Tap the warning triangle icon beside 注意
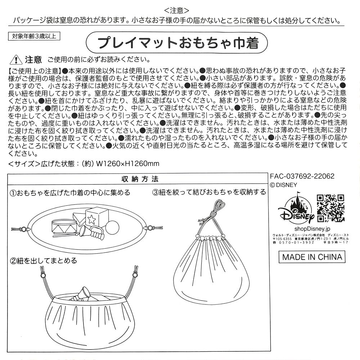14,59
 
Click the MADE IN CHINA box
312,257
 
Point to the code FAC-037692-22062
302,176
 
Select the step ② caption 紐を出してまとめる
44,260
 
